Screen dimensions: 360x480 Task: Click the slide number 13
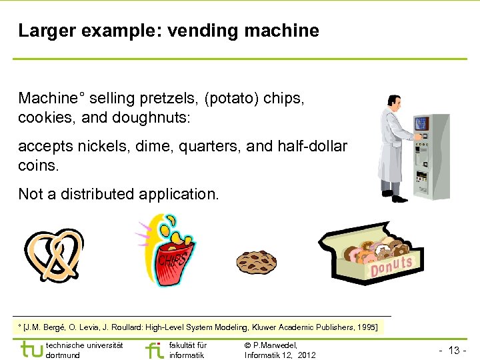(455, 351)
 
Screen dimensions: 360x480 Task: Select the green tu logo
(31, 349)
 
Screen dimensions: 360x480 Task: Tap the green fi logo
(154, 349)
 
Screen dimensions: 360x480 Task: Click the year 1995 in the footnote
(367, 327)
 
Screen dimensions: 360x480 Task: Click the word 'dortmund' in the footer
(63, 355)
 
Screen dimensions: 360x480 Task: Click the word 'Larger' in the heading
(41, 31)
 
